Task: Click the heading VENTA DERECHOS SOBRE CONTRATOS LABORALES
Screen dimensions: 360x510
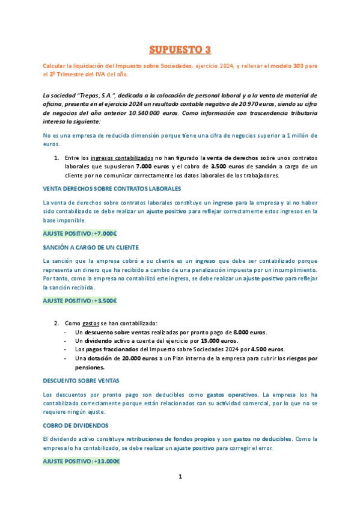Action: tap(111, 188)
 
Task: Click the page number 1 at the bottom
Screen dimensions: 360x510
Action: tap(180, 477)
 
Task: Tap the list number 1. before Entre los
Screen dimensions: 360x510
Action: tap(57, 158)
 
